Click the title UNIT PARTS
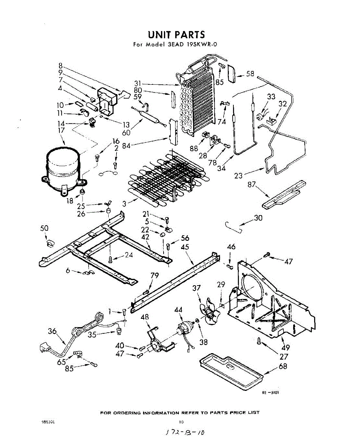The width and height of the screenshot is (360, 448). [176, 35]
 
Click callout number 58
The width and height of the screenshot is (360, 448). [250, 74]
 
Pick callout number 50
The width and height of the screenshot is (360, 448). [44, 228]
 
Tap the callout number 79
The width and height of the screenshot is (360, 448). [155, 276]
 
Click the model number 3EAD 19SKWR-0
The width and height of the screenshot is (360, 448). [192, 44]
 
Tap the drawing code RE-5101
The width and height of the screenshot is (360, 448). [270, 392]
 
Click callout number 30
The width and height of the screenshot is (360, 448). [258, 218]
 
